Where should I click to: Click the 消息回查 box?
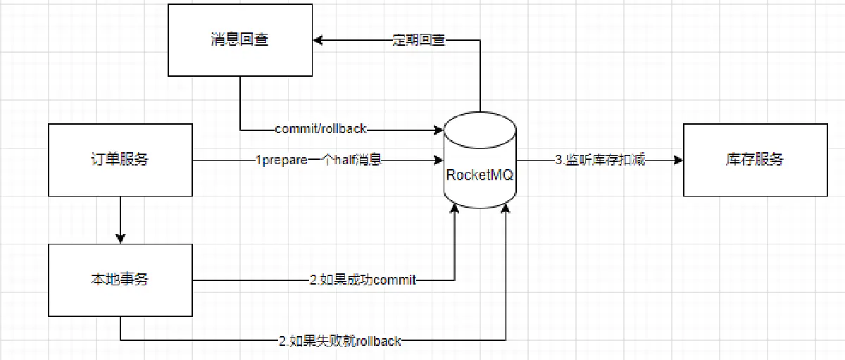pos(240,39)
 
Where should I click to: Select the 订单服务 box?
pos(120,160)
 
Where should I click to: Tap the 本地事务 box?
pos(120,280)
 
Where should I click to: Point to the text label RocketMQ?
pos(480,174)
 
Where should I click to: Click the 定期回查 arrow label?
pos(418,40)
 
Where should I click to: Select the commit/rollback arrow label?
pos(321,130)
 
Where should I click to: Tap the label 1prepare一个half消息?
pos(318,161)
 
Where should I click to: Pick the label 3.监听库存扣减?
pos(600,161)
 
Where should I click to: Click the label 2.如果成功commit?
pos(363,280)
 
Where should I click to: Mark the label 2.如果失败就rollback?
pos(340,341)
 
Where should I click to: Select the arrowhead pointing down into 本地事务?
pos(120,238)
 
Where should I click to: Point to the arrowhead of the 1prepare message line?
pos(437,161)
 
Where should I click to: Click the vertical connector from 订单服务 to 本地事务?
pos(120,217)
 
